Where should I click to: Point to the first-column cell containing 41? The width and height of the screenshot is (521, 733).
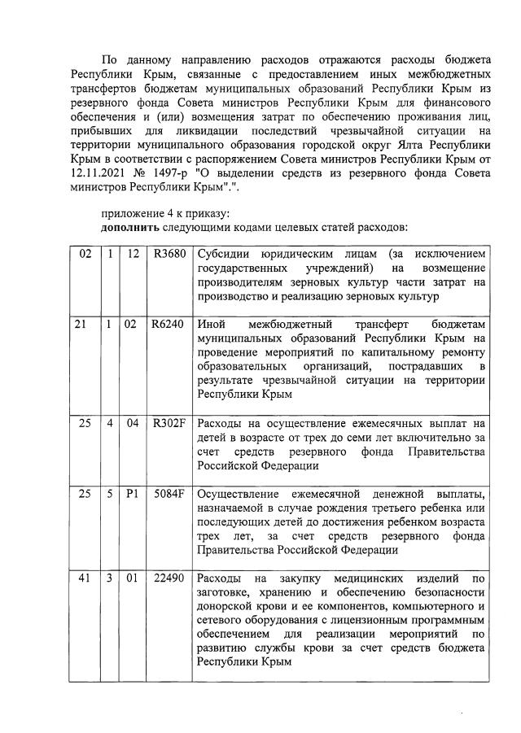coord(81,578)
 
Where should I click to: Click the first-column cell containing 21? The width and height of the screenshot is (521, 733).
coord(81,325)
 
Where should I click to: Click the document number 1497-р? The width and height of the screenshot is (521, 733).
coord(186,174)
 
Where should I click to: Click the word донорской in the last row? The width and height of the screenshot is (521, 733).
coord(224,607)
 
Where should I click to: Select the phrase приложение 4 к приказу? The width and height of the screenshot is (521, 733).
coord(151,213)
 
